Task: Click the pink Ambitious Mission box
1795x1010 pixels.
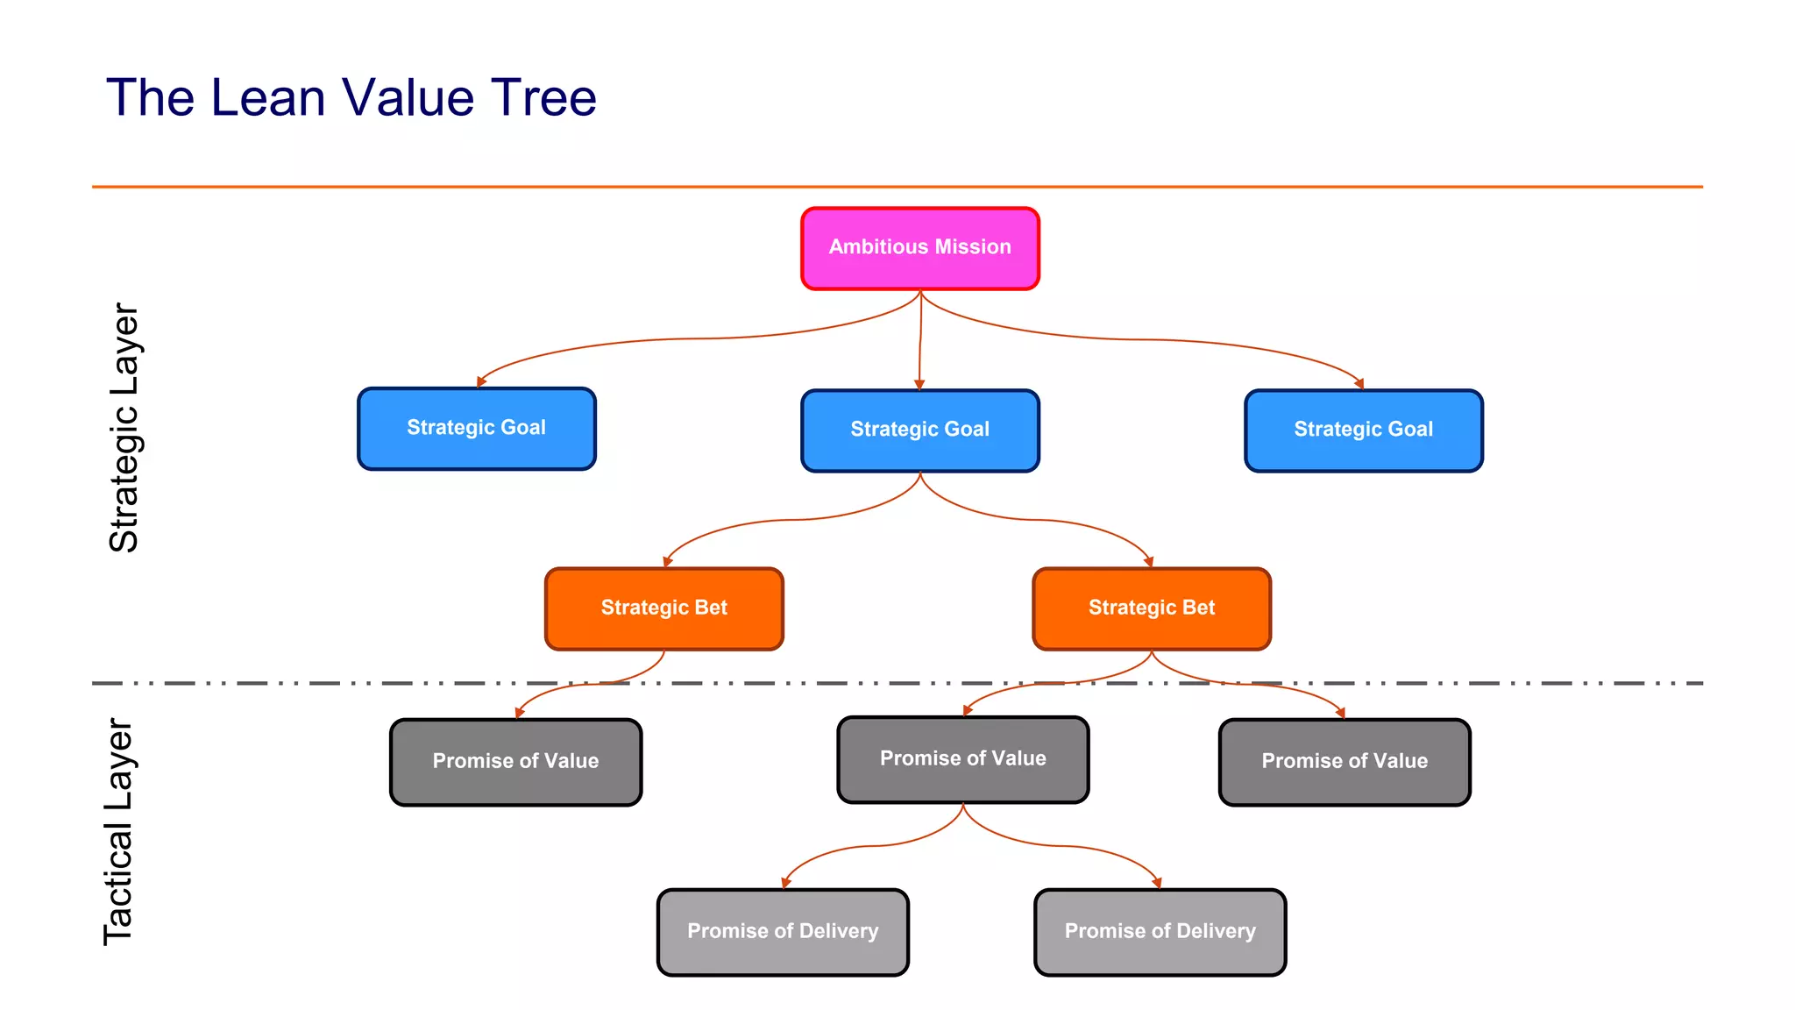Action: click(919, 248)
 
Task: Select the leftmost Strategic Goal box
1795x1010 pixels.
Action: click(476, 429)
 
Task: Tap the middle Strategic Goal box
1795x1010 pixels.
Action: click(919, 430)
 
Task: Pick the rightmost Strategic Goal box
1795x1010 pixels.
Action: click(1363, 430)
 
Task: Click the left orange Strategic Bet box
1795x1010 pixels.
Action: click(663, 608)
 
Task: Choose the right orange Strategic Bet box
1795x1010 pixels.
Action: click(1151, 608)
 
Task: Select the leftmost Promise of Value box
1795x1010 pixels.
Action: click(515, 762)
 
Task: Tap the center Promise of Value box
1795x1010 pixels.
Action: click(962, 759)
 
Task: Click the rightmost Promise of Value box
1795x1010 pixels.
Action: click(1344, 762)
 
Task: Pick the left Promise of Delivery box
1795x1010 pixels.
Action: click(782, 932)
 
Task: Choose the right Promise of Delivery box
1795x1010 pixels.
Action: click(1160, 932)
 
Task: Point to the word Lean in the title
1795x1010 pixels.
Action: click(267, 97)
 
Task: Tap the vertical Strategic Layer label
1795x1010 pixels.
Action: click(124, 428)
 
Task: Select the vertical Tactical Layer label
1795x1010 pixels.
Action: click(118, 831)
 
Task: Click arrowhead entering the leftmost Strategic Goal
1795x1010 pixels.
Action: click(480, 382)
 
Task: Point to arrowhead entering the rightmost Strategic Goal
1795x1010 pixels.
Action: click(1359, 384)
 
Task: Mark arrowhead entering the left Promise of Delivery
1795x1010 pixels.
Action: click(785, 884)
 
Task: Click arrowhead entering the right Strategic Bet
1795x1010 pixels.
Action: click(1148, 562)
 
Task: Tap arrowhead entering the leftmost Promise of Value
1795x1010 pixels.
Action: click(519, 714)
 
